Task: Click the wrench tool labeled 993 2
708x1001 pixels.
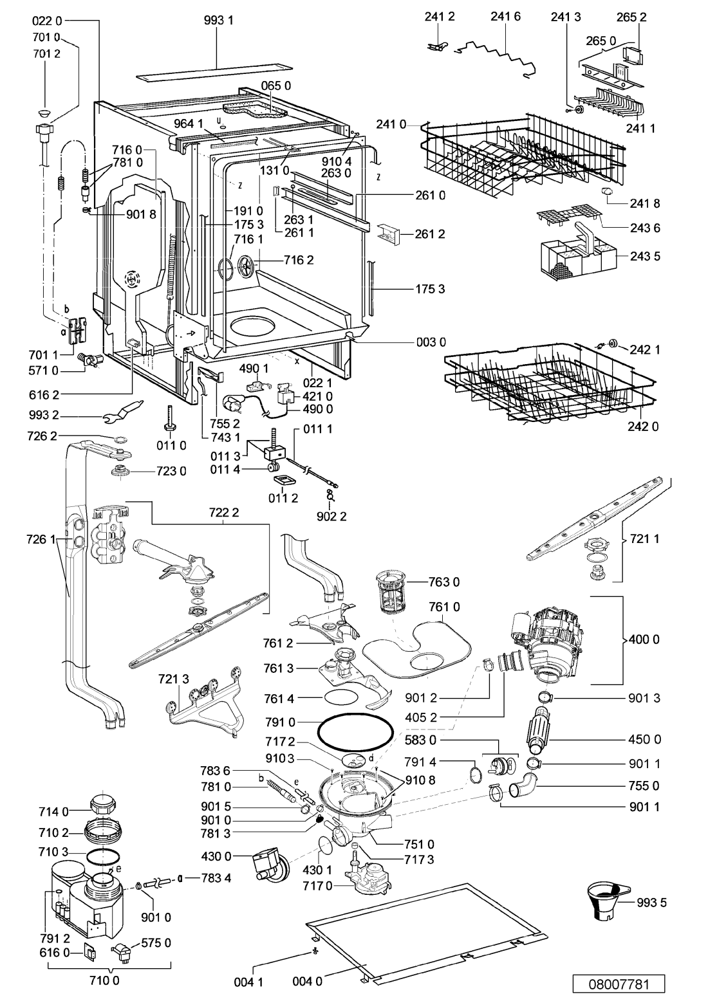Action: pos(123,411)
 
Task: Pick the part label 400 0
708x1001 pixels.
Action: pos(644,639)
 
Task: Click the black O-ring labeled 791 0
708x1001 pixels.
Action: pos(355,734)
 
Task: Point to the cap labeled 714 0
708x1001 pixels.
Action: pos(104,804)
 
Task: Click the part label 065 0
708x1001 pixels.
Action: pos(275,86)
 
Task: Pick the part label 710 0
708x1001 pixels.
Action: pos(105,980)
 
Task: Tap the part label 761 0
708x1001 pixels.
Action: pos(444,607)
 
